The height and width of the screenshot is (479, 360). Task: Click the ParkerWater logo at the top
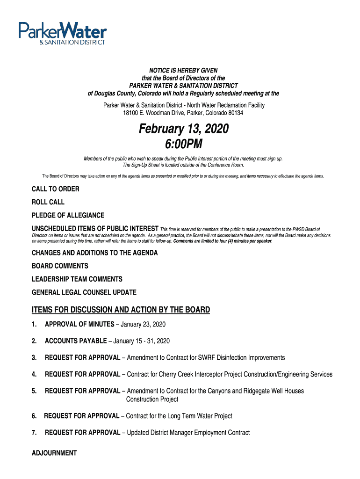tap(63, 33)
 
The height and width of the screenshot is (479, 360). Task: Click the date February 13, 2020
tap(183, 129)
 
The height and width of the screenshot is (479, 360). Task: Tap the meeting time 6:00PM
tap(183, 145)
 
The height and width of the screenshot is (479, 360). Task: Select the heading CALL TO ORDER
tap(55, 189)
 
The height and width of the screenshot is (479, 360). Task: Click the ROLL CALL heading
tap(48, 202)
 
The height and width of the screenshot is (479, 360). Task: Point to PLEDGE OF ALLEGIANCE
tap(68, 215)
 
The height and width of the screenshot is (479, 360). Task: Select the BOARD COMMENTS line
tap(60, 266)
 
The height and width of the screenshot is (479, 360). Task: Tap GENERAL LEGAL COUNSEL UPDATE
tap(84, 292)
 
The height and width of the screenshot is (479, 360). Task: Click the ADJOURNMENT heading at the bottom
tap(54, 453)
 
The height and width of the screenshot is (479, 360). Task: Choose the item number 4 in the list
tap(34, 374)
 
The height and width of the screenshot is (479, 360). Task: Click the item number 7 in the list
tap(34, 433)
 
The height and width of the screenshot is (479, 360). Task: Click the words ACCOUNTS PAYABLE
tap(76, 341)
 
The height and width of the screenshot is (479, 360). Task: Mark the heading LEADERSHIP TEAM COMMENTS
tap(77, 279)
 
